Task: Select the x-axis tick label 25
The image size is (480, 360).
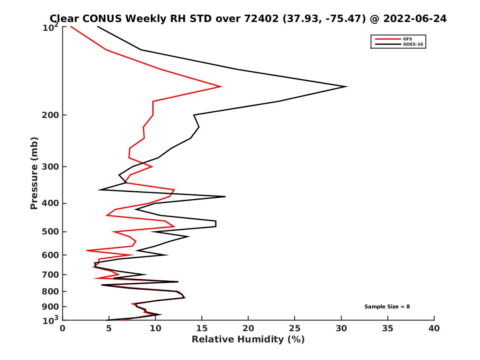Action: pyautogui.click(x=295, y=328)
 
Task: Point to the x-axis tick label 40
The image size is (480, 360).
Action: pyautogui.click(x=434, y=328)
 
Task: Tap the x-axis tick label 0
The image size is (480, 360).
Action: pyautogui.click(x=63, y=328)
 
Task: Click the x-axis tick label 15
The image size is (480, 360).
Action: pyautogui.click(x=202, y=328)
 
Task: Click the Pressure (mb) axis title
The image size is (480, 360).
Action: pyautogui.click(x=34, y=173)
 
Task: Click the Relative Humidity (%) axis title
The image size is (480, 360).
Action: pyautogui.click(x=248, y=340)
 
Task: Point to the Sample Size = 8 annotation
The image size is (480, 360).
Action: pyautogui.click(x=387, y=307)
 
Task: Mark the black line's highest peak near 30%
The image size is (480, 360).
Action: pyautogui.click(x=346, y=86)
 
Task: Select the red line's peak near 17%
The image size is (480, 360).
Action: pyautogui.click(x=221, y=86)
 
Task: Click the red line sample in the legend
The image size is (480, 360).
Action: pyautogui.click(x=387, y=39)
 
